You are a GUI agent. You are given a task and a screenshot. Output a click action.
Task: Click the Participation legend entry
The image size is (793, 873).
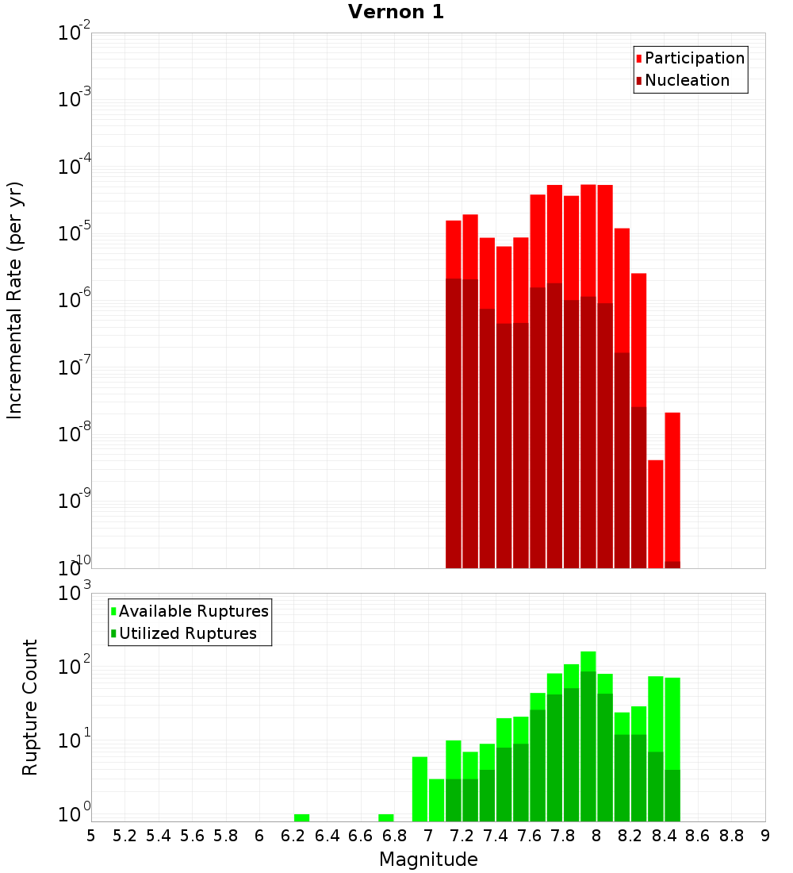[694, 58]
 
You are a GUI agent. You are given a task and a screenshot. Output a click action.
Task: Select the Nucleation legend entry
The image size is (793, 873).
[686, 80]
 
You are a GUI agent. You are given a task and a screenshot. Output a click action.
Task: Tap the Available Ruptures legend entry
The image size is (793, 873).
[193, 611]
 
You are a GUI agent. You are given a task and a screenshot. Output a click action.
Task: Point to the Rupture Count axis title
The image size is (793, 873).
[30, 707]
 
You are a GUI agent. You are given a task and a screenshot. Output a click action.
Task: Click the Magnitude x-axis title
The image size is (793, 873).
[428, 860]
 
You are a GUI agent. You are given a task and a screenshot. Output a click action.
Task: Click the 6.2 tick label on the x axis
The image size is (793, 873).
[293, 835]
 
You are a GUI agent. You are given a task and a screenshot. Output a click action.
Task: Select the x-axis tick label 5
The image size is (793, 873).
[91, 835]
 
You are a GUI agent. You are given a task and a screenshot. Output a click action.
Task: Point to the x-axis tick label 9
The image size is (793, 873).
[765, 835]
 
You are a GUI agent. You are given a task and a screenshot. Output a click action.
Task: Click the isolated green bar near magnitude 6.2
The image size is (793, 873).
[301, 817]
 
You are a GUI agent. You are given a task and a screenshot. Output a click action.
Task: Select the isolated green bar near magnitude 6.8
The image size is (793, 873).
[386, 817]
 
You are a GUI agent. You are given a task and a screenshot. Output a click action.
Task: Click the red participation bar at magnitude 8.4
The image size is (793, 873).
[672, 484]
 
